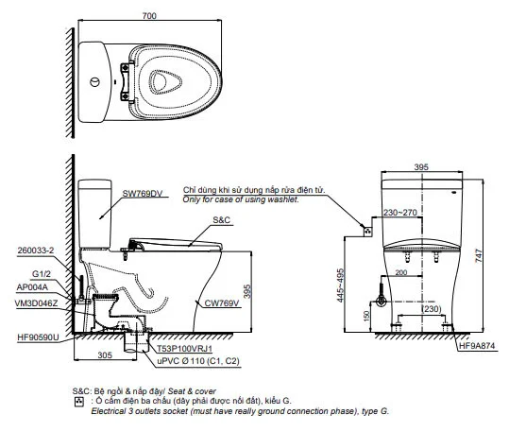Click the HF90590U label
pyautogui.click(x=38, y=336)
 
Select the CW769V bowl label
pyautogui.click(x=223, y=302)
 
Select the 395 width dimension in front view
pyautogui.click(x=420, y=166)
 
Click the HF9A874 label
pyautogui.click(x=478, y=347)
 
